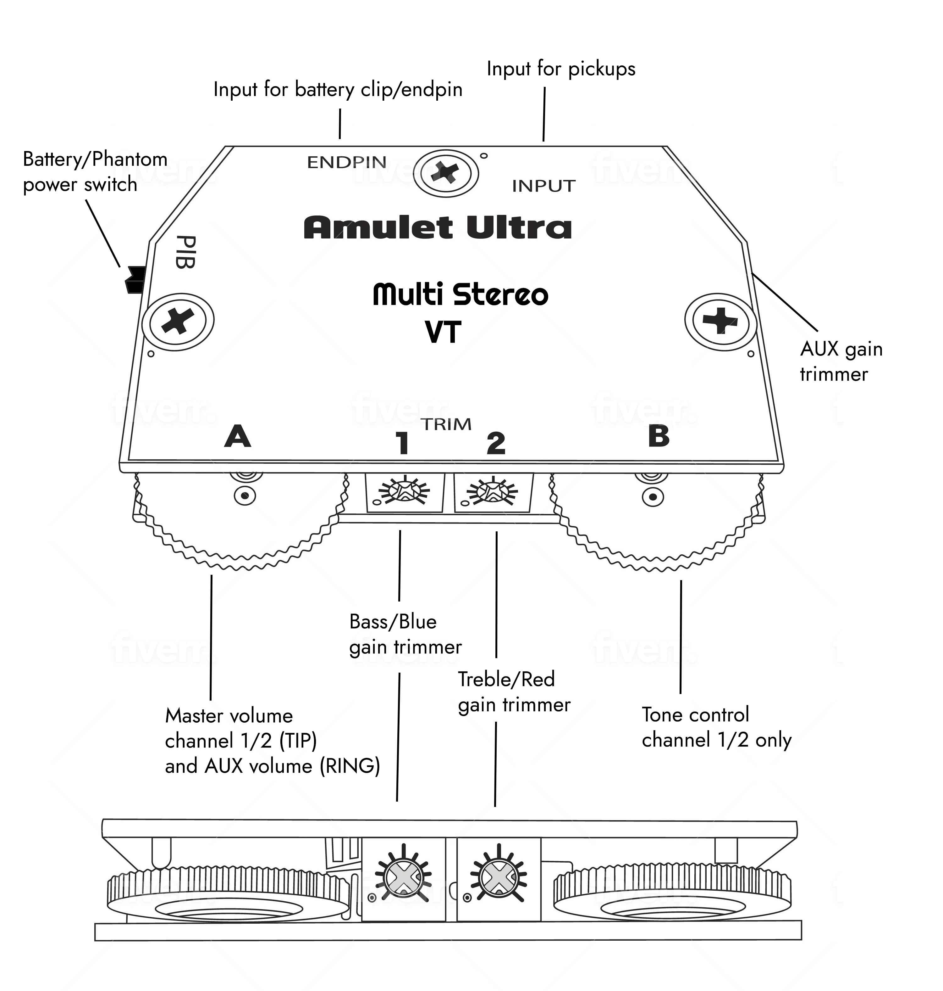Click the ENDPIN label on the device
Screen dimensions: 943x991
(x=347, y=162)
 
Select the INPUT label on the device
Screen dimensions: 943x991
(x=543, y=186)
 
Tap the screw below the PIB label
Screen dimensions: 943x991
(x=178, y=321)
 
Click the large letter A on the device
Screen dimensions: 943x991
(x=237, y=436)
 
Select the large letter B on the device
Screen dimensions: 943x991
(x=659, y=436)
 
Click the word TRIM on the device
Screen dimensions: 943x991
(x=446, y=425)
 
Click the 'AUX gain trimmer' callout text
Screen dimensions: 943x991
(x=841, y=361)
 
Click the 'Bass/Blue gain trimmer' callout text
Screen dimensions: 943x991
(x=405, y=634)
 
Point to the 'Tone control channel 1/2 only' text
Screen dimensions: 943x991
(x=716, y=727)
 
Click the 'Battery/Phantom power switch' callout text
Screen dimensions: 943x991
(x=95, y=171)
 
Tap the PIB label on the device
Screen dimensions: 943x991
(x=185, y=251)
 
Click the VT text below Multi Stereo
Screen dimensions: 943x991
(x=443, y=332)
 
